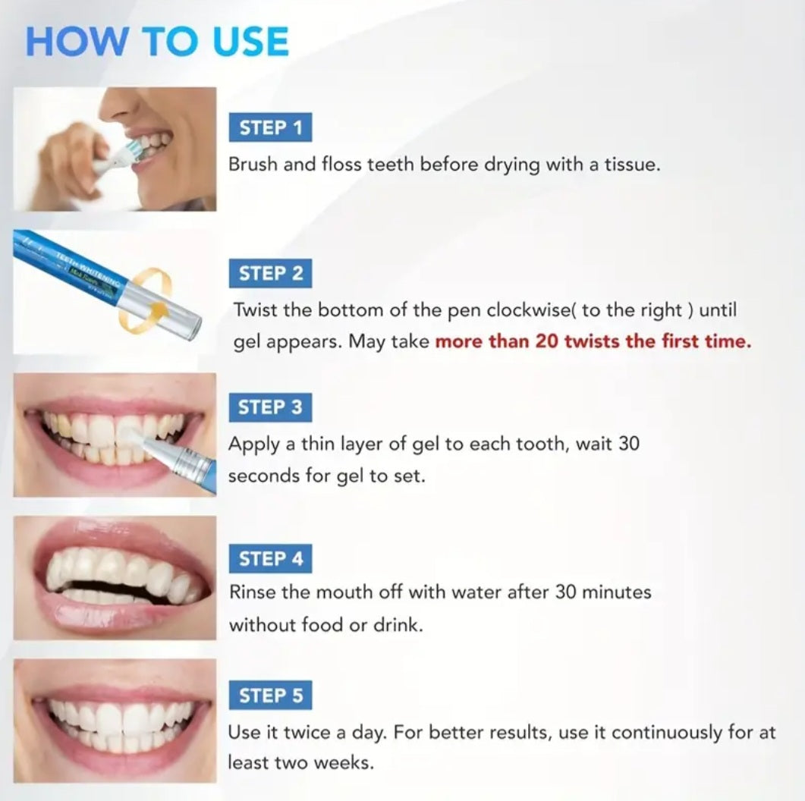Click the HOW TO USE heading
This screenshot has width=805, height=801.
(x=157, y=42)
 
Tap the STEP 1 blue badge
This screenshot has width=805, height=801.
(x=270, y=127)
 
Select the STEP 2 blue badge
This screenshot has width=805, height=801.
(x=270, y=273)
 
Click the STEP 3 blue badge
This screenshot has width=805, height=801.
(x=270, y=407)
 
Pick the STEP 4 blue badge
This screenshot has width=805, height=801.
(x=270, y=559)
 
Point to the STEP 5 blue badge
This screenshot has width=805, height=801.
(x=270, y=696)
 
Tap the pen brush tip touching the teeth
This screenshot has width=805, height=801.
(x=131, y=435)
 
